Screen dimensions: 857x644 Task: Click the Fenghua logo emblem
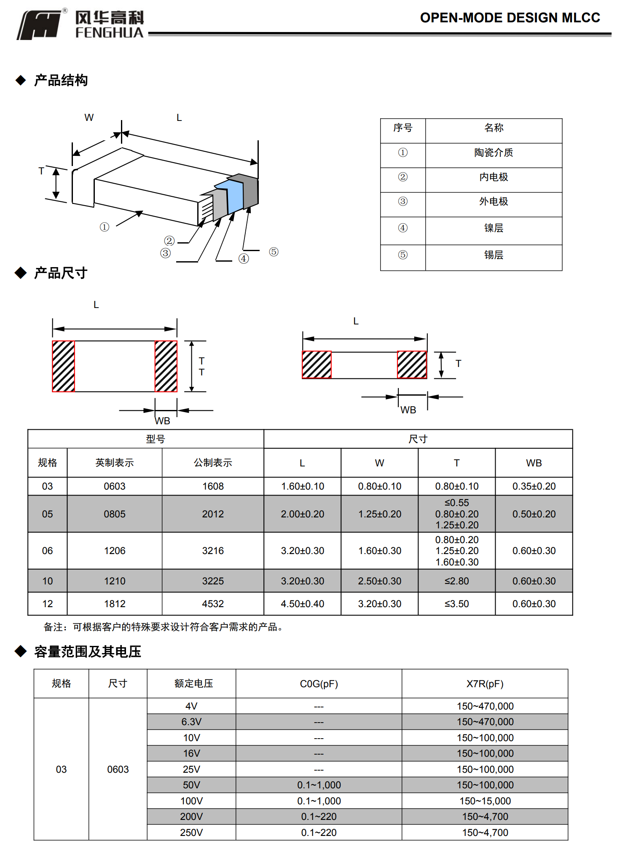[40, 25]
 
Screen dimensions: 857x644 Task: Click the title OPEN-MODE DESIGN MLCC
[510, 18]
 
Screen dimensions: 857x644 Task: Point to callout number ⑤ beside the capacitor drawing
[274, 252]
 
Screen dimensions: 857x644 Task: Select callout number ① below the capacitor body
[105, 227]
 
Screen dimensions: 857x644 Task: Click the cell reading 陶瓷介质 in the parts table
[494, 153]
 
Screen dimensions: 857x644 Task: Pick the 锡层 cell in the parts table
[494, 255]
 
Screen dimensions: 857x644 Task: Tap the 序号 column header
[402, 128]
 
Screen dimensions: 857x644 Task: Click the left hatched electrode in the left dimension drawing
[64, 366]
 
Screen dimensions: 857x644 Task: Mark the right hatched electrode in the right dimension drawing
[412, 364]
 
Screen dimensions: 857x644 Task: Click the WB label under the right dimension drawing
[408, 410]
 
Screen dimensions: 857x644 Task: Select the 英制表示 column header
[114, 463]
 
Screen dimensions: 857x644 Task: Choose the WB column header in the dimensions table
[534, 463]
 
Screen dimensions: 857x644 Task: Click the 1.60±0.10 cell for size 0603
[303, 486]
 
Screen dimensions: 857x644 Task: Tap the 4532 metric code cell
[213, 604]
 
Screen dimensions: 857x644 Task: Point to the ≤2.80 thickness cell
[456, 581]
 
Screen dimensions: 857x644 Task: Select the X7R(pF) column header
[485, 684]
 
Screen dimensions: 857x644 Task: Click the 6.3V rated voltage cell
[191, 722]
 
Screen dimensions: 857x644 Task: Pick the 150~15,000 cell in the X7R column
[485, 801]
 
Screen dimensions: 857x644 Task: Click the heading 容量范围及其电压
[87, 652]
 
